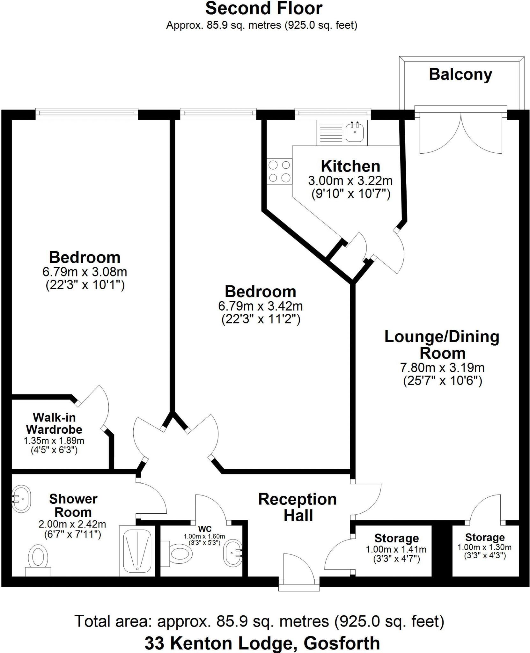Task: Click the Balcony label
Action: [460, 75]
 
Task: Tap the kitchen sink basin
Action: [355, 132]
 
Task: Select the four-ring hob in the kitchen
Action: [280, 172]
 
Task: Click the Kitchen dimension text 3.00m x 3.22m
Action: [350, 181]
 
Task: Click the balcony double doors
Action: [460, 134]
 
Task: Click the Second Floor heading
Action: [264, 9]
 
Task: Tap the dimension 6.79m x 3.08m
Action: [85, 272]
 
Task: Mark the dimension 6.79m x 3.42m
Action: [261, 306]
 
